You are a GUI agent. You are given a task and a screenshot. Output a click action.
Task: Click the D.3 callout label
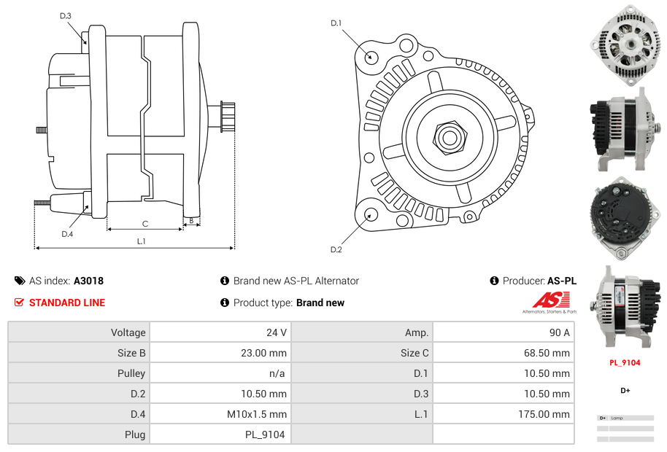pyautogui.click(x=66, y=15)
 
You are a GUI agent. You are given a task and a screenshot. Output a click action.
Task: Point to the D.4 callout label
pyautogui.click(x=67, y=234)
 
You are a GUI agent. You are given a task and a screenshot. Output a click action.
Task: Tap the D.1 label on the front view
pyautogui.click(x=336, y=23)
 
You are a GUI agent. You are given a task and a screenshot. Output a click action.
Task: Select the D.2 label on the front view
pyautogui.click(x=336, y=250)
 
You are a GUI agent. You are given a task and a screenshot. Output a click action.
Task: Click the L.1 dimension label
pyautogui.click(x=142, y=241)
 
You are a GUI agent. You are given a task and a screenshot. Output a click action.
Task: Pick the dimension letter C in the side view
pyautogui.click(x=145, y=224)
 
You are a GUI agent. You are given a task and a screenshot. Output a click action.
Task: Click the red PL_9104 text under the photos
pyautogui.click(x=625, y=362)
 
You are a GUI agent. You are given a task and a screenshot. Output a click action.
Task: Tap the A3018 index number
pyautogui.click(x=88, y=281)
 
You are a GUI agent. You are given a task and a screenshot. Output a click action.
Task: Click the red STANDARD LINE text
pyautogui.click(x=67, y=303)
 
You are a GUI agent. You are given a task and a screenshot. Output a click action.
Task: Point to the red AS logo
pyautogui.click(x=546, y=300)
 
